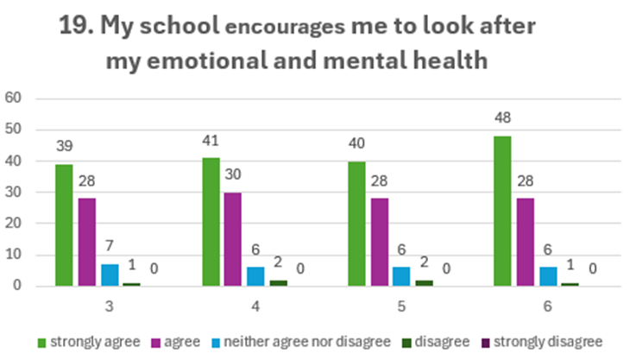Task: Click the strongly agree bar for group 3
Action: (65, 225)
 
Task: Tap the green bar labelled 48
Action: (502, 211)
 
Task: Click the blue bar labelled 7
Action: (110, 275)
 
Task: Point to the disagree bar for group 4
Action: (278, 282)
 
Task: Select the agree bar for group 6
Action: (525, 243)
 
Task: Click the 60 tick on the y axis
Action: (14, 98)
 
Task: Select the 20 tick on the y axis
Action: (14, 224)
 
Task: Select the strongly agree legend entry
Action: (91, 341)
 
